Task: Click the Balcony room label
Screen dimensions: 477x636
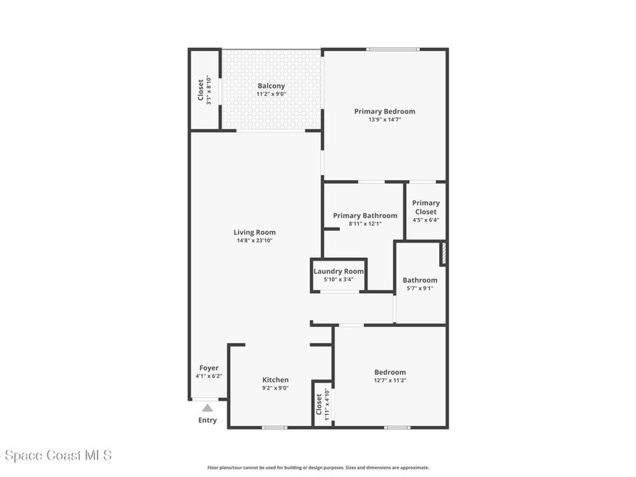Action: [x=271, y=86]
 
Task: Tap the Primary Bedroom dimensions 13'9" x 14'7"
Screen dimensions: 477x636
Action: [x=384, y=120]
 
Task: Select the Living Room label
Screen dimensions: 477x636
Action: [x=255, y=232]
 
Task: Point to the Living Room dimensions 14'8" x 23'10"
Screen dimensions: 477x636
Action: [x=255, y=240]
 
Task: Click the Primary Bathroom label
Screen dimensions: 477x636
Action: [x=365, y=216]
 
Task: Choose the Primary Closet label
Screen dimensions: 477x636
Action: [x=425, y=207]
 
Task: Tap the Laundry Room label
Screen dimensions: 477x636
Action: [x=338, y=271]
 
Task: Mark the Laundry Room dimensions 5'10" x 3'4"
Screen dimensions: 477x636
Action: [x=338, y=279]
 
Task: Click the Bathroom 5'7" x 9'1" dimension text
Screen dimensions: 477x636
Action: [x=420, y=288]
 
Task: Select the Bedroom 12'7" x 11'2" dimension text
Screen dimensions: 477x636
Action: [x=390, y=380]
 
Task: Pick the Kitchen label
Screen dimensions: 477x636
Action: [x=275, y=379]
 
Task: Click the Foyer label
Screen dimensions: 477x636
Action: [x=209, y=368]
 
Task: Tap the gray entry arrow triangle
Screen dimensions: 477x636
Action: [x=207, y=408]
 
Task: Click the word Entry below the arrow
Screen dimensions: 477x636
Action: [x=207, y=420]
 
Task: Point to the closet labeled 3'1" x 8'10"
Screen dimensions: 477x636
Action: [x=204, y=91]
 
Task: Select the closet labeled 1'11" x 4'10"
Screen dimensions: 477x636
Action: [x=322, y=404]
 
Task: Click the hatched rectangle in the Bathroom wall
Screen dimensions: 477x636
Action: [x=443, y=254]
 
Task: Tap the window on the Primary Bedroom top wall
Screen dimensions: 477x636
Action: [x=393, y=49]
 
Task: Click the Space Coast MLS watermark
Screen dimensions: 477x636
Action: [x=56, y=455]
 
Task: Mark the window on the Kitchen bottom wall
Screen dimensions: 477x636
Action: [x=275, y=427]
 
